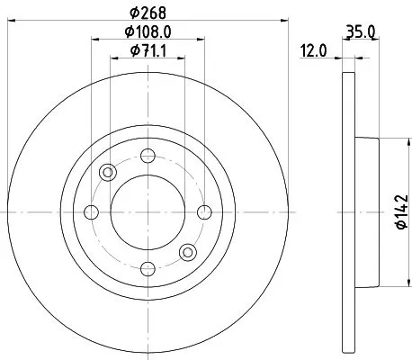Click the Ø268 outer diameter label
pos(148,12)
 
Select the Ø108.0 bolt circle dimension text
pos(148,32)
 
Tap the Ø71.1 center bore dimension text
pos(148,51)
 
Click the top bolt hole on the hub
pos(148,154)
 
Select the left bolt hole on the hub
pos(91,211)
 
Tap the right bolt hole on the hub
pos(204,211)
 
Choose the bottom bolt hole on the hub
pos(148,268)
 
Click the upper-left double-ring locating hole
pos(108,172)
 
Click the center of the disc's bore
pos(148,211)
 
